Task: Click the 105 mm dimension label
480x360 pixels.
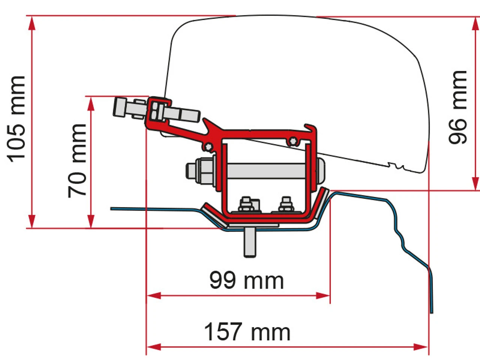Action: pos(17,119)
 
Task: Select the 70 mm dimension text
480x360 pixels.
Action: pos(77,160)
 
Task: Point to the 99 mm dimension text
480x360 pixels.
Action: pos(246,280)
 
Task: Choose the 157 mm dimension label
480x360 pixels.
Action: pos(247,331)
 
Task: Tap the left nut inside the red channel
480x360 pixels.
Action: pos(246,205)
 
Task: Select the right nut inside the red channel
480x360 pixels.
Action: pos(286,205)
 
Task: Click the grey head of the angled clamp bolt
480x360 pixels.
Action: pos(119,107)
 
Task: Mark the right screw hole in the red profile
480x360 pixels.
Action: pos(292,141)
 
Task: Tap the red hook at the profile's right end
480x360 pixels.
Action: pos(311,129)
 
